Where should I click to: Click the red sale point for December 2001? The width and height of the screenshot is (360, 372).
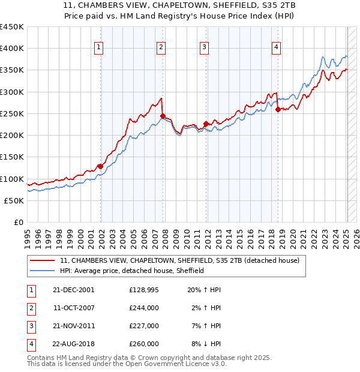100,167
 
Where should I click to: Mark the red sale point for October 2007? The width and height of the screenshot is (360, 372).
162,116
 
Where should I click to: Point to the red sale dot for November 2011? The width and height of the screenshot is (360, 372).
206,124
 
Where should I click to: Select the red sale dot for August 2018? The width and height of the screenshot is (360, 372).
278,110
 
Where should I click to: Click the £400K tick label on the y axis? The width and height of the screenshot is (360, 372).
12,49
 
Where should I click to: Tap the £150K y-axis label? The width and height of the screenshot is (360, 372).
12,157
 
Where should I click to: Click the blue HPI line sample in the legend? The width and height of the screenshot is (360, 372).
42,271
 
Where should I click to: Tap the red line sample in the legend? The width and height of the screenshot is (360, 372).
42,260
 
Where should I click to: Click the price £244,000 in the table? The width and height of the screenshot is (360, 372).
144,308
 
